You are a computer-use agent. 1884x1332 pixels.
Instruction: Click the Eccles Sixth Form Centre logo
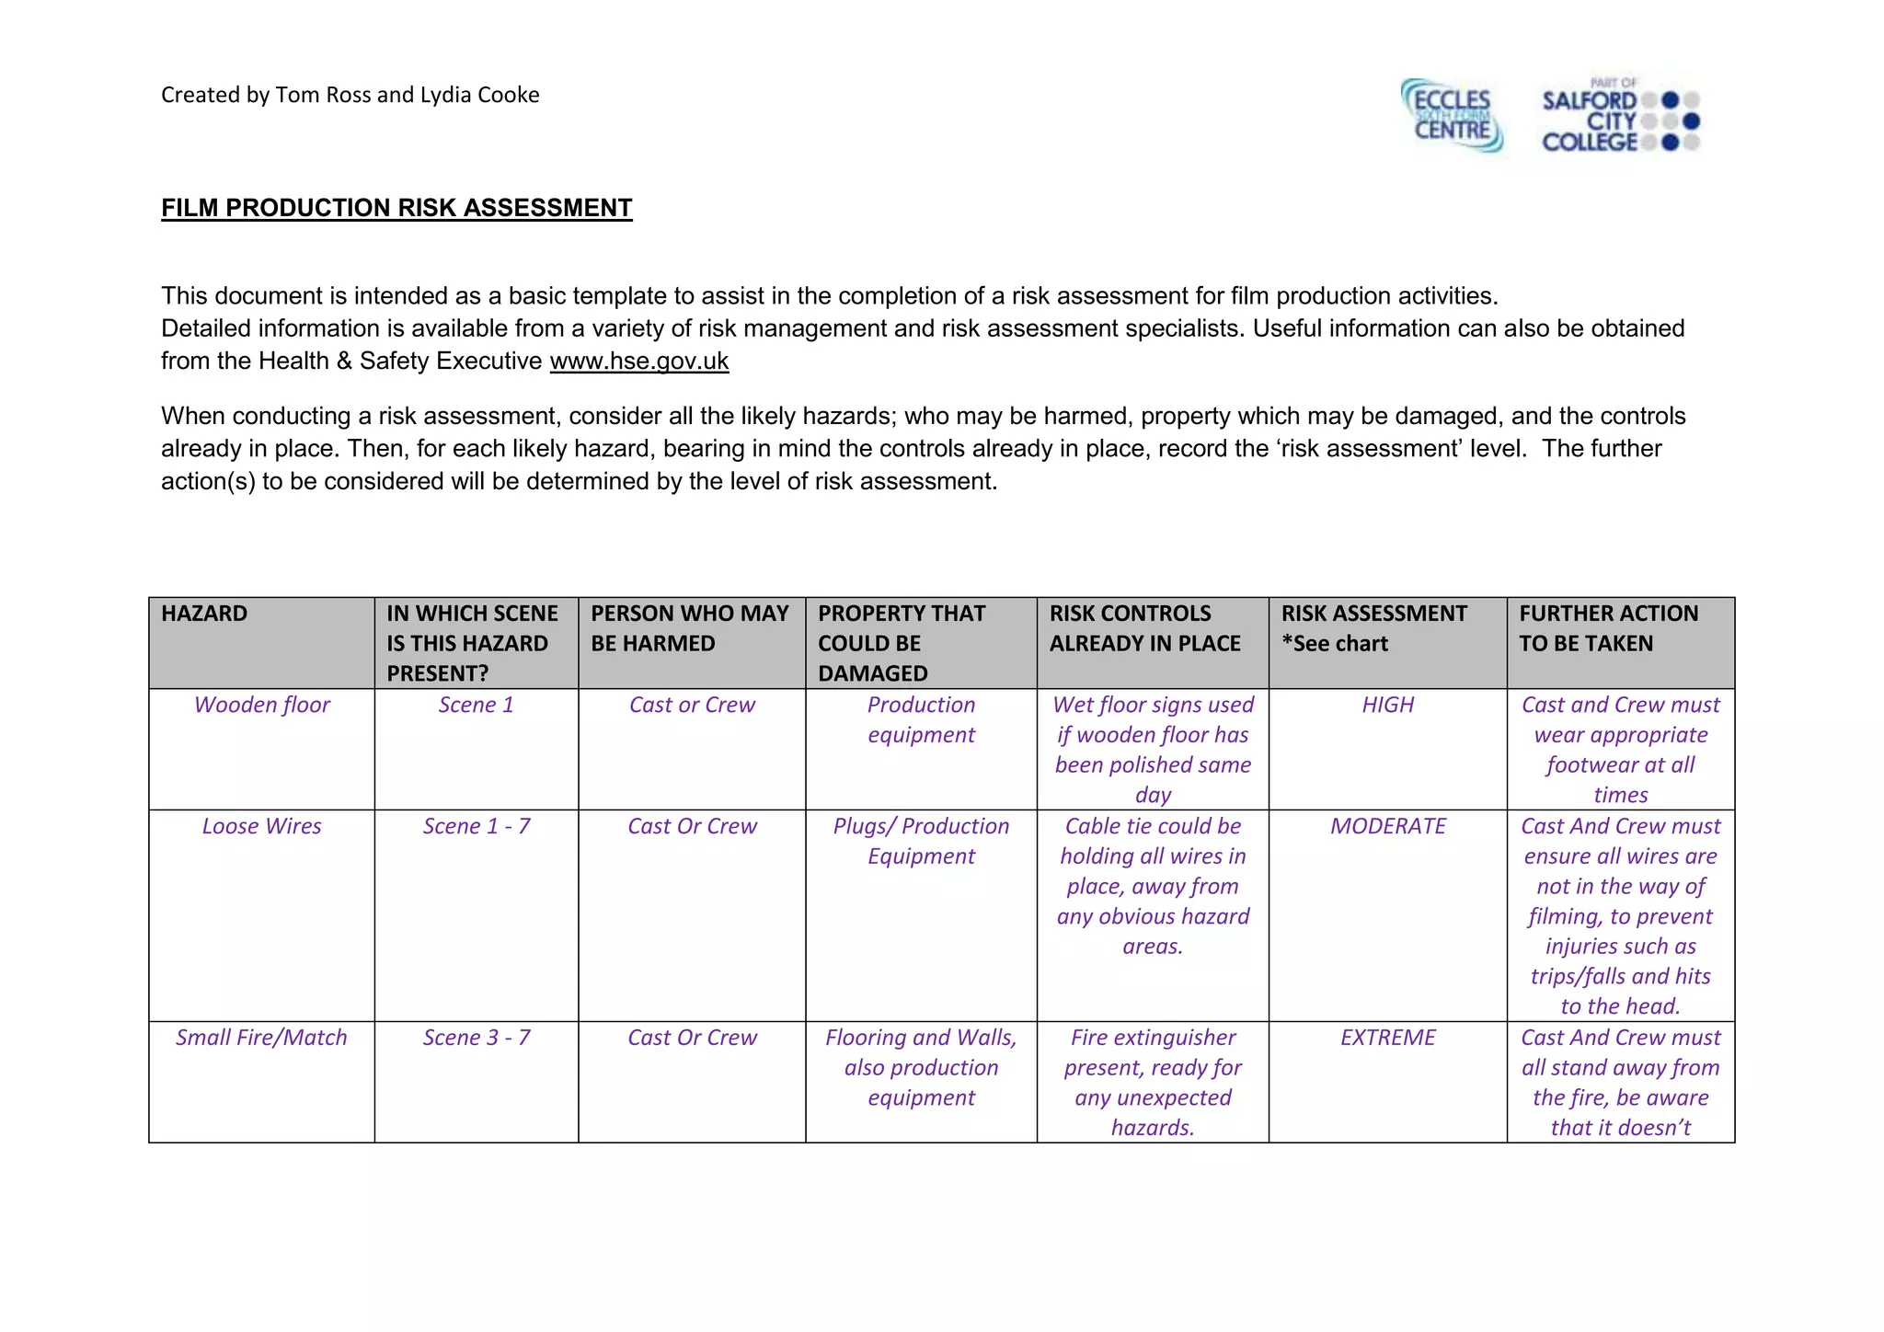(x=1453, y=117)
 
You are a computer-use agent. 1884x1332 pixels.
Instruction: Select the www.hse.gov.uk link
(x=638, y=361)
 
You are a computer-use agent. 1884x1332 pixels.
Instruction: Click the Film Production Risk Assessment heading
(x=396, y=208)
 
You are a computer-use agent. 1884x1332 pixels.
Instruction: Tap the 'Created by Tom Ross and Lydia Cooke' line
(x=350, y=95)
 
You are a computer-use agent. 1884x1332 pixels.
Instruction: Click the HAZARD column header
(x=204, y=614)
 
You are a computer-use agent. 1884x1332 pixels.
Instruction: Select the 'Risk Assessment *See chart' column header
(x=1374, y=628)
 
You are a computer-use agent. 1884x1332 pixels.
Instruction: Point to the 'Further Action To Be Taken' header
(x=1608, y=628)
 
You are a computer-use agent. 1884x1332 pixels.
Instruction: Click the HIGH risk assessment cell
(x=1387, y=705)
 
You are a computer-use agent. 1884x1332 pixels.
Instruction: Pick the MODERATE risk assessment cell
(x=1387, y=826)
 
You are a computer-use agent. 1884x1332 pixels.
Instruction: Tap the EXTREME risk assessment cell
(x=1387, y=1038)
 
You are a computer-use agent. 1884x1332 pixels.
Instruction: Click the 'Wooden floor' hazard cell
(x=261, y=705)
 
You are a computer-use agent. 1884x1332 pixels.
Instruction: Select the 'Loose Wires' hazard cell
(x=261, y=826)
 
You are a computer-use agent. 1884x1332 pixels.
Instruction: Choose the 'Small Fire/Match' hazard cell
(x=261, y=1038)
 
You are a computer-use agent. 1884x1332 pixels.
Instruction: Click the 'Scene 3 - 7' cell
(x=476, y=1038)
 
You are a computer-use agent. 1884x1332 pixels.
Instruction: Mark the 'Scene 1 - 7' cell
(x=476, y=826)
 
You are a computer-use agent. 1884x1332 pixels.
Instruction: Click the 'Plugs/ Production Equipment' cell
(x=921, y=841)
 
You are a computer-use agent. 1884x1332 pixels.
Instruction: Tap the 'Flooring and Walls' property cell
(x=921, y=1067)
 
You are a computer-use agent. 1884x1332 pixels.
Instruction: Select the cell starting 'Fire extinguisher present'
(x=1153, y=1082)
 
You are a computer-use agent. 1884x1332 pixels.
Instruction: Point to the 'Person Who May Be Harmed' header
(x=690, y=628)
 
